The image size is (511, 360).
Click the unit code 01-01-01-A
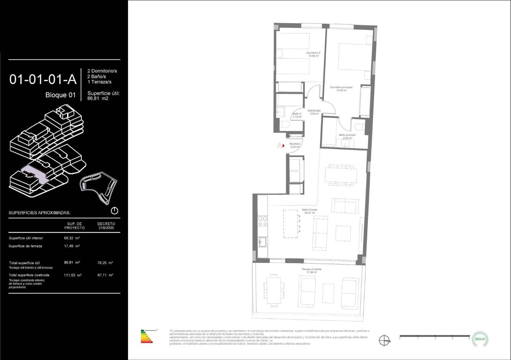click(43, 79)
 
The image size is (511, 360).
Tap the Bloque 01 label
click(60, 95)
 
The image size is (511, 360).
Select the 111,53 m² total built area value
click(72, 275)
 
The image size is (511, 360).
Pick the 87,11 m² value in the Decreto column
click(105, 275)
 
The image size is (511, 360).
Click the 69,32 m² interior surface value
click(72, 238)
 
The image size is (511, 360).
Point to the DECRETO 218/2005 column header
click(106, 226)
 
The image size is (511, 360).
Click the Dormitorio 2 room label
click(313, 54)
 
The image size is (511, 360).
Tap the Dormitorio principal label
click(341, 88)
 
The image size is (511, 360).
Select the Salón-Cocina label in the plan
click(309, 211)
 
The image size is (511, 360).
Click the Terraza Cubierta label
click(311, 271)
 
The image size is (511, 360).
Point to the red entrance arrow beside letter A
click(283, 146)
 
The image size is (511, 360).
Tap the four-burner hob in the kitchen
click(263, 221)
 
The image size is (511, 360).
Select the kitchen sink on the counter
click(263, 242)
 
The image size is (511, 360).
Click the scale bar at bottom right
click(434, 336)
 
